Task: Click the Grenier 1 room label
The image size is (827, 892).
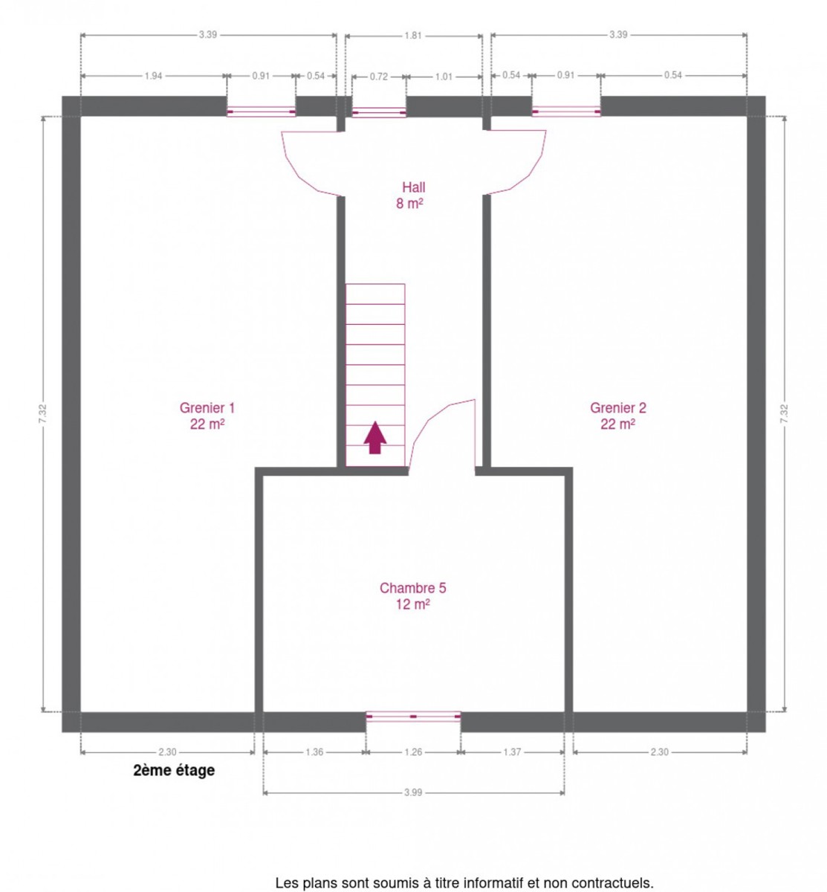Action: click(207, 416)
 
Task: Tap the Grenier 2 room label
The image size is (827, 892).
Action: click(617, 416)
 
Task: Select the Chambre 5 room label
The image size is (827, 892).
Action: click(412, 595)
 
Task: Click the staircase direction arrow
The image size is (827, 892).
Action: click(374, 437)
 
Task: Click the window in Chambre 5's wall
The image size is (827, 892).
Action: click(412, 716)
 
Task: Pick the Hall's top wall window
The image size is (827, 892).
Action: click(378, 111)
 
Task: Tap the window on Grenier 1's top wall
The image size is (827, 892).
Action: click(261, 111)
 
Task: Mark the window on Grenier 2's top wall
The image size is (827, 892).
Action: click(565, 111)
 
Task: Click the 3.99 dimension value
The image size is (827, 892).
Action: click(412, 792)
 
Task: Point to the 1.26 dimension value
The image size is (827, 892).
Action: click(412, 752)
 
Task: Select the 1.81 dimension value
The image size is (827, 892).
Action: click(412, 36)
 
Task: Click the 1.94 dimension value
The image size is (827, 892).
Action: click(153, 76)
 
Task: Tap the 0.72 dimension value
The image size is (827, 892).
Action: click(378, 77)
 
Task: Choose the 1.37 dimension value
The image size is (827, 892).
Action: click(512, 752)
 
